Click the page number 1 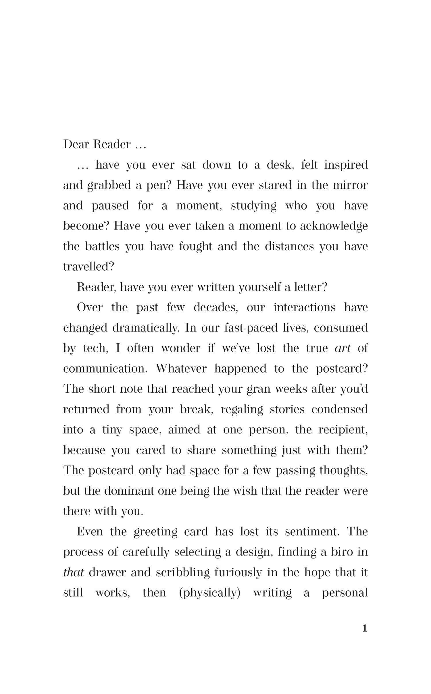[x=365, y=629]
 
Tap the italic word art [x=343, y=348]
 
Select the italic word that [x=73, y=572]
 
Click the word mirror [x=350, y=185]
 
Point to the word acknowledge [x=334, y=226]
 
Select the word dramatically [x=145, y=328]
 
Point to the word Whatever [x=181, y=369]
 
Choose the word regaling [x=242, y=409]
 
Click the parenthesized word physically [x=209, y=593]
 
